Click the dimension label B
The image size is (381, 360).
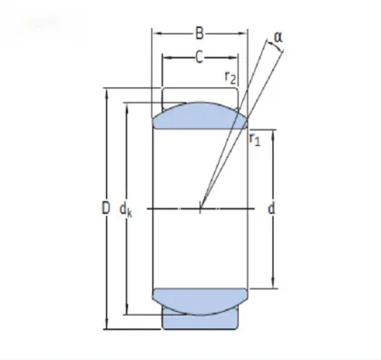[199, 35]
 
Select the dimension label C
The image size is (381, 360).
[199, 57]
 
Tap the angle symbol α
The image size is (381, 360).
[278, 37]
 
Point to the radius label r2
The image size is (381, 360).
[231, 79]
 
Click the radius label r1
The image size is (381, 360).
[256, 139]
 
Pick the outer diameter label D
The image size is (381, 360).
[105, 209]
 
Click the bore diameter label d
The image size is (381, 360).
[272, 209]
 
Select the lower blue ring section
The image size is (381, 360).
[200, 301]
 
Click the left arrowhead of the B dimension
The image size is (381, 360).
[154, 35]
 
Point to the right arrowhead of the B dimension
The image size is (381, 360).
[246, 35]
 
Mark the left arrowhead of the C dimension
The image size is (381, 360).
[165, 57]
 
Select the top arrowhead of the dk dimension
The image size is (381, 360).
[129, 106]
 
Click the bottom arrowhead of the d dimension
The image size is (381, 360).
[273, 286]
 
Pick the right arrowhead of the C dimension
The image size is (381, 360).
[235, 57]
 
